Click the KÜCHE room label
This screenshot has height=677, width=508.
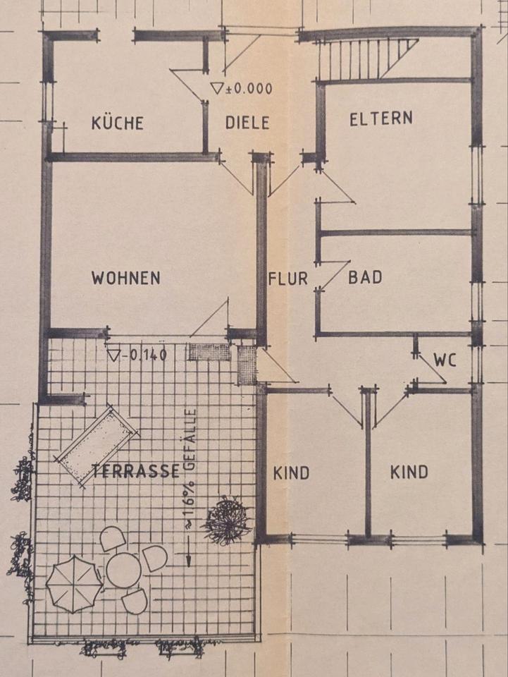pos(117,123)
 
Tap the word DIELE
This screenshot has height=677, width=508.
pos(247,123)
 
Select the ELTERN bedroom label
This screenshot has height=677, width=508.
pos(381,118)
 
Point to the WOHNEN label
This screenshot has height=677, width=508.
pos(125,278)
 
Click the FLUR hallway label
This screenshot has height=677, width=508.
pos(287,279)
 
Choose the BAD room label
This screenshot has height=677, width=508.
pos(365,277)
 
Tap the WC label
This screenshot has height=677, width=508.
pos(445,360)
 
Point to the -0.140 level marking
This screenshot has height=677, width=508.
pos(137,354)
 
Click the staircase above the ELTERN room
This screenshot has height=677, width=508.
pos(365,59)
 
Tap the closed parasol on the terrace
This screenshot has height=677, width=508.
pos(74,583)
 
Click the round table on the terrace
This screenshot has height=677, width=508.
pos(124,569)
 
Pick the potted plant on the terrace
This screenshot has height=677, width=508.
pos(227,521)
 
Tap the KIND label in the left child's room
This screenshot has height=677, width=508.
pos(291,472)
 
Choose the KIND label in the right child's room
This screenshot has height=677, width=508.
pos(409,472)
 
